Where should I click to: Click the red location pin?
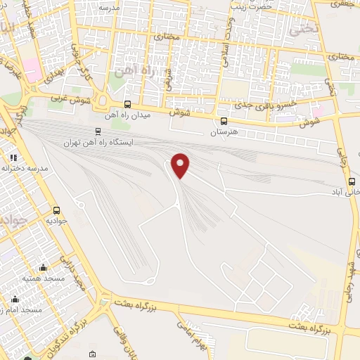click(181, 165)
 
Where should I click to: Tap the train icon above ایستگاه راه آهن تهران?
click(98, 131)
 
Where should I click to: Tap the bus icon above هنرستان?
click(224, 121)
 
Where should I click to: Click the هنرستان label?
click(225, 131)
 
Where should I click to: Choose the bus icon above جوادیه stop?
click(56, 210)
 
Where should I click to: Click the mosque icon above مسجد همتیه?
click(43, 267)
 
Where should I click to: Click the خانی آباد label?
click(349, 191)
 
